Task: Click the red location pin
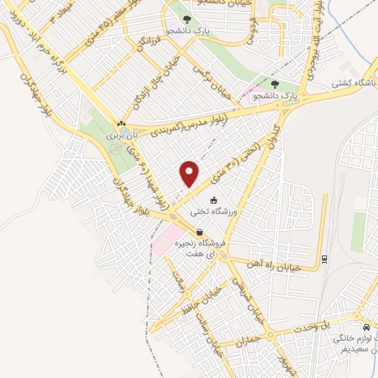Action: click(x=190, y=173)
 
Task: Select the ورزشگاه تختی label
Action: click(x=213, y=211)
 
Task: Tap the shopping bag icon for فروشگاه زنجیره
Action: click(x=200, y=232)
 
